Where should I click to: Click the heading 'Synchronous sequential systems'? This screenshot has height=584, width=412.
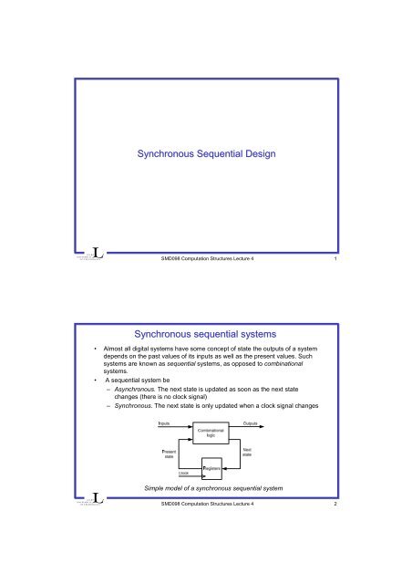(x=206, y=340)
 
